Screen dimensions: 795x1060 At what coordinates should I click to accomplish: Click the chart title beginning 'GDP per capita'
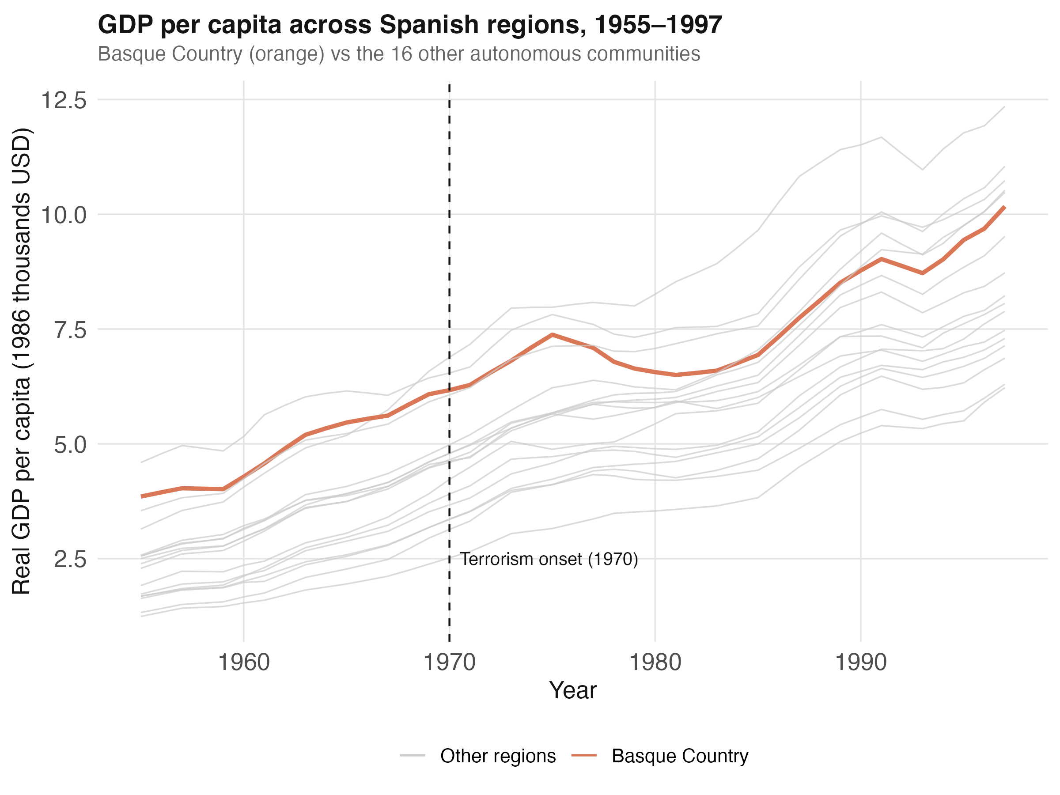pyautogui.click(x=410, y=25)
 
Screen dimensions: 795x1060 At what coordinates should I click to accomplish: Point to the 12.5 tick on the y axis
pyautogui.click(x=64, y=100)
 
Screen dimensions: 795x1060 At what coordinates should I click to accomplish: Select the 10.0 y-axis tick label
pyautogui.click(x=64, y=215)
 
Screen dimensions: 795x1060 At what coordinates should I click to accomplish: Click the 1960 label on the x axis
pyautogui.click(x=244, y=663)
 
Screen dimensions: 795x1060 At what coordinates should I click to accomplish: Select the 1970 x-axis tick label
pyautogui.click(x=450, y=663)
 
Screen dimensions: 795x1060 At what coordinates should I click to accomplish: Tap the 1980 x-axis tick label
pyautogui.click(x=655, y=663)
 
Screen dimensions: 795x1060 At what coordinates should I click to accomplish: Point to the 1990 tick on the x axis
pyautogui.click(x=861, y=663)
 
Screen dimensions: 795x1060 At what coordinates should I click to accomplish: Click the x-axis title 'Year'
pyautogui.click(x=573, y=690)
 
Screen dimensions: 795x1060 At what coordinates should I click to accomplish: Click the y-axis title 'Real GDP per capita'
pyautogui.click(x=21, y=362)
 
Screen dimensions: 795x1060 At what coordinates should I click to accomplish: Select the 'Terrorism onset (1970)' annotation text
pyautogui.click(x=549, y=559)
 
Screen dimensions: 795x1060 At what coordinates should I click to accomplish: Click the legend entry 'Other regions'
pyautogui.click(x=498, y=756)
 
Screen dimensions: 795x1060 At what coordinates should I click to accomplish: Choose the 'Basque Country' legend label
pyautogui.click(x=680, y=756)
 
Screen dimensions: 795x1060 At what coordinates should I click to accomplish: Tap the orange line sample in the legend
pyautogui.click(x=584, y=756)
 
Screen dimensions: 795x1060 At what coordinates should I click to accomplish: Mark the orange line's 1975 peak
pyautogui.click(x=553, y=334)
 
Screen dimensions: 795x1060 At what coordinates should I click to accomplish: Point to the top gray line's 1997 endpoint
pyautogui.click(x=1004, y=107)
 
